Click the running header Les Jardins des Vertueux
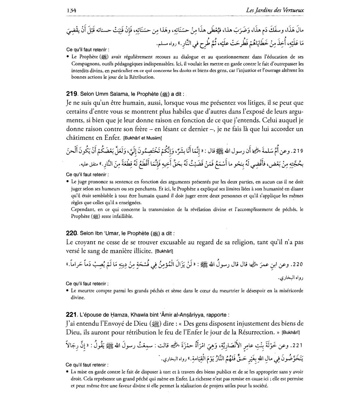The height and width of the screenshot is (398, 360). point(274,10)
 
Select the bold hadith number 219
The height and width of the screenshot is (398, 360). point(72,94)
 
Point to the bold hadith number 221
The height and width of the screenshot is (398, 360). point(72,315)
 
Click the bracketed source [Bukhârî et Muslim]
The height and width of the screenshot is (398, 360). point(142,138)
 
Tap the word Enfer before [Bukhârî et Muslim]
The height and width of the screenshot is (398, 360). point(112,138)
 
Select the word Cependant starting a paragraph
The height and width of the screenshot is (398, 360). point(83,209)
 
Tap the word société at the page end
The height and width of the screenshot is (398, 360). point(259,386)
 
